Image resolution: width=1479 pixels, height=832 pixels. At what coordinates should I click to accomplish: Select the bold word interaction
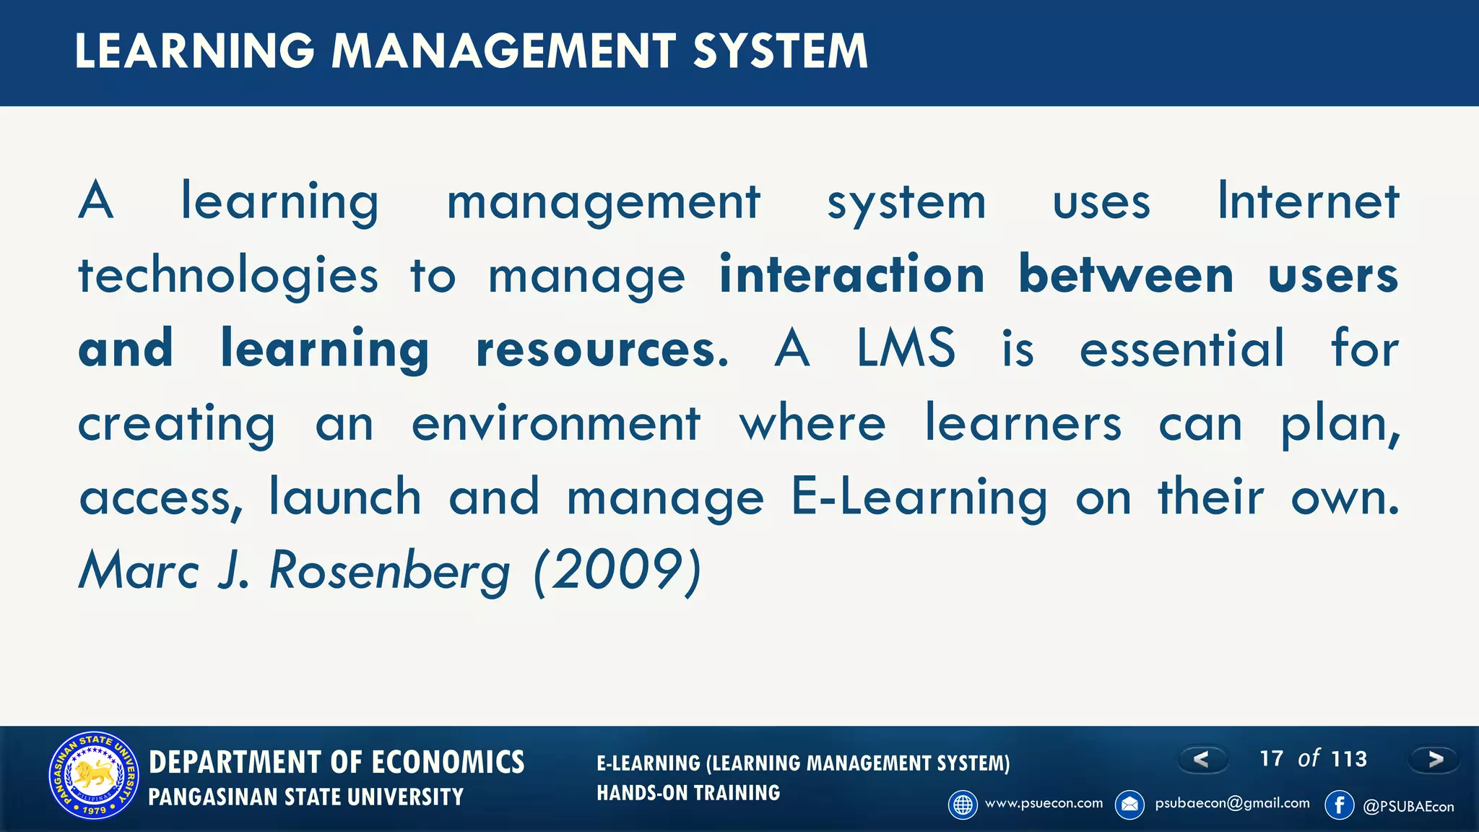(852, 275)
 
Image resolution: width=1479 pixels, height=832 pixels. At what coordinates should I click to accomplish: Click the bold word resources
(602, 350)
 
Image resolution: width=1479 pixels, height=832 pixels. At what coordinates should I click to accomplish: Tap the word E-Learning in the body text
(919, 498)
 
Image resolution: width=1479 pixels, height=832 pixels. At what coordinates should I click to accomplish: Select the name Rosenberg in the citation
(389, 571)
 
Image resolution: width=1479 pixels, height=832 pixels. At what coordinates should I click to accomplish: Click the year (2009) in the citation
(617, 571)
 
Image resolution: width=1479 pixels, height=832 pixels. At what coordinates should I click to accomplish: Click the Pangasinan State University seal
(94, 776)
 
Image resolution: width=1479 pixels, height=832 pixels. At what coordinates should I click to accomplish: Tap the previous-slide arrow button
(1202, 759)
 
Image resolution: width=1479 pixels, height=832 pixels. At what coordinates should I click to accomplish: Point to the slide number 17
(1271, 758)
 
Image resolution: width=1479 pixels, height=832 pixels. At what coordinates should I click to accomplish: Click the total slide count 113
(1349, 759)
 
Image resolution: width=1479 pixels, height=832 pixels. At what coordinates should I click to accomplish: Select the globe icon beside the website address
(963, 805)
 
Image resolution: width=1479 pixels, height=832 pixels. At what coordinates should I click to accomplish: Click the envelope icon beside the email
(1129, 805)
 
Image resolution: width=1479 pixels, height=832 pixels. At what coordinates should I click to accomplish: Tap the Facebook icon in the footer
(1339, 805)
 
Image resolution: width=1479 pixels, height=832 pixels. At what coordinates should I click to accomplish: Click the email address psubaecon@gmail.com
(1232, 803)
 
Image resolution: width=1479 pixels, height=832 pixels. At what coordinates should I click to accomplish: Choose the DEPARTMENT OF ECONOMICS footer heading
(337, 763)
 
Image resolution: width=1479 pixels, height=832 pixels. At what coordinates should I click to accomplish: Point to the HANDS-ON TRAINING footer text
(688, 793)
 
